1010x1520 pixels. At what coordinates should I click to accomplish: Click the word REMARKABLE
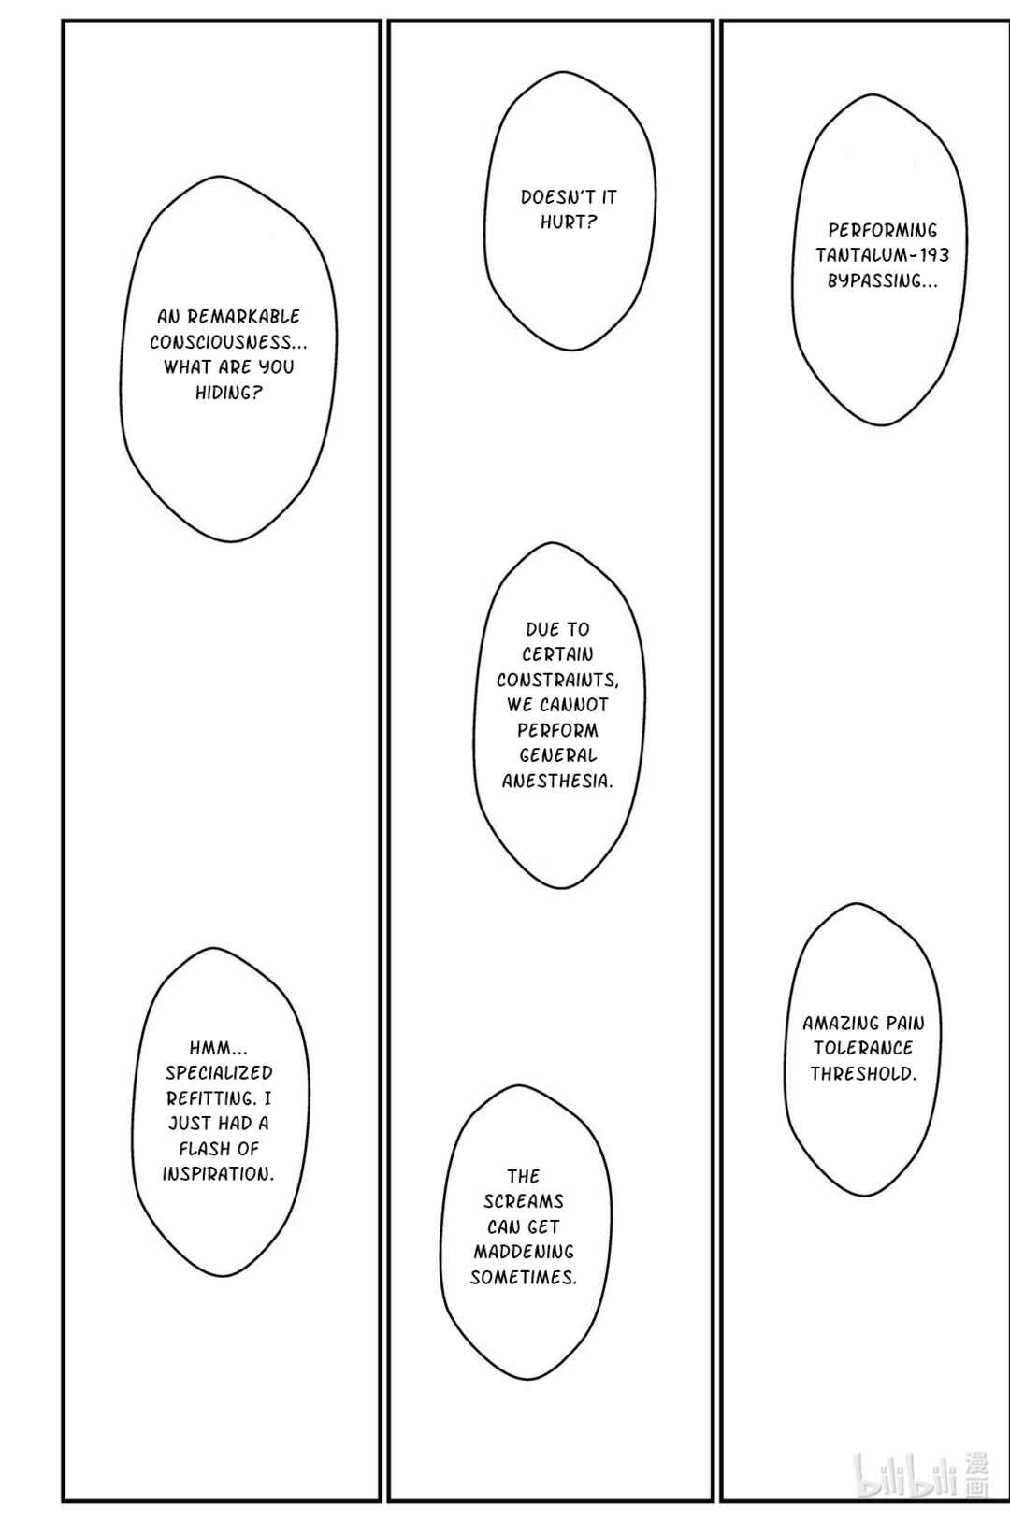pos(243,316)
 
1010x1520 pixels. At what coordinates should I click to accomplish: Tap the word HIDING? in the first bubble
pos(229,393)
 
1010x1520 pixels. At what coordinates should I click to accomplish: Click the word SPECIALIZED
pos(219,1073)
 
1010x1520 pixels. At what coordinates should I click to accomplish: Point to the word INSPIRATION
pos(217,1174)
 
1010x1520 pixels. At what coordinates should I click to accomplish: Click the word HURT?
pos(569,222)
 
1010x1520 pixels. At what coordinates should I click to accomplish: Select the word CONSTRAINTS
pos(556,680)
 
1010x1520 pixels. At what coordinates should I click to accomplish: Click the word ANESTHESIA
pos(555,782)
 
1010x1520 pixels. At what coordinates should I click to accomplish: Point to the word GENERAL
pos(558,756)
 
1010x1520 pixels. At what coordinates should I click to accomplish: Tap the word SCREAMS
pos(524,1202)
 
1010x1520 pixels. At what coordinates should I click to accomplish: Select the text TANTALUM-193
pos(883,255)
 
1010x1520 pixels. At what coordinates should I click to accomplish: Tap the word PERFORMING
pos(883,231)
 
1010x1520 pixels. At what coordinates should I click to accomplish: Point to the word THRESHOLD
pos(862,1074)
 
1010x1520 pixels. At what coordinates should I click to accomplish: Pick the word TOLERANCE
pos(863,1049)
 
